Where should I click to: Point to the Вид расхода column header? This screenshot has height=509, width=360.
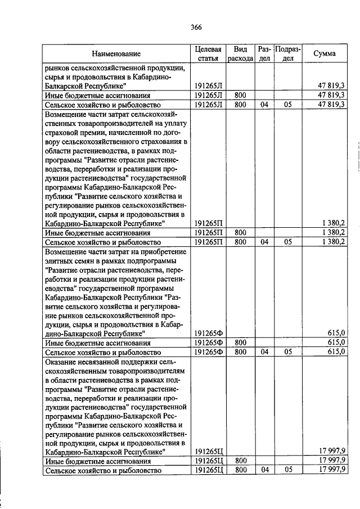241,53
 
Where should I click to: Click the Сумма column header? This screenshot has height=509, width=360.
325,53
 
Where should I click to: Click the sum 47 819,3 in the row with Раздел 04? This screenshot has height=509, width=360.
331,104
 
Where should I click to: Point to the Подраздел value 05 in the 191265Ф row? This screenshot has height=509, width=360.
287,352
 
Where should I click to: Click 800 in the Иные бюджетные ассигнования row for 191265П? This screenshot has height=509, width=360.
241,232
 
